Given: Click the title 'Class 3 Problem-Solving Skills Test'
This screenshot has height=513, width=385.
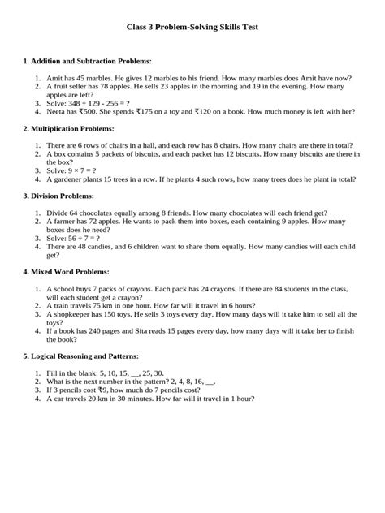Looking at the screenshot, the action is point(192,27).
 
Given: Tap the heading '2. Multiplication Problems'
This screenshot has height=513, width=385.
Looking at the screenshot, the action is point(69,128).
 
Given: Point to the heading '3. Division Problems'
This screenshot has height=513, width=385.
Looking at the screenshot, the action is point(61,196).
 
